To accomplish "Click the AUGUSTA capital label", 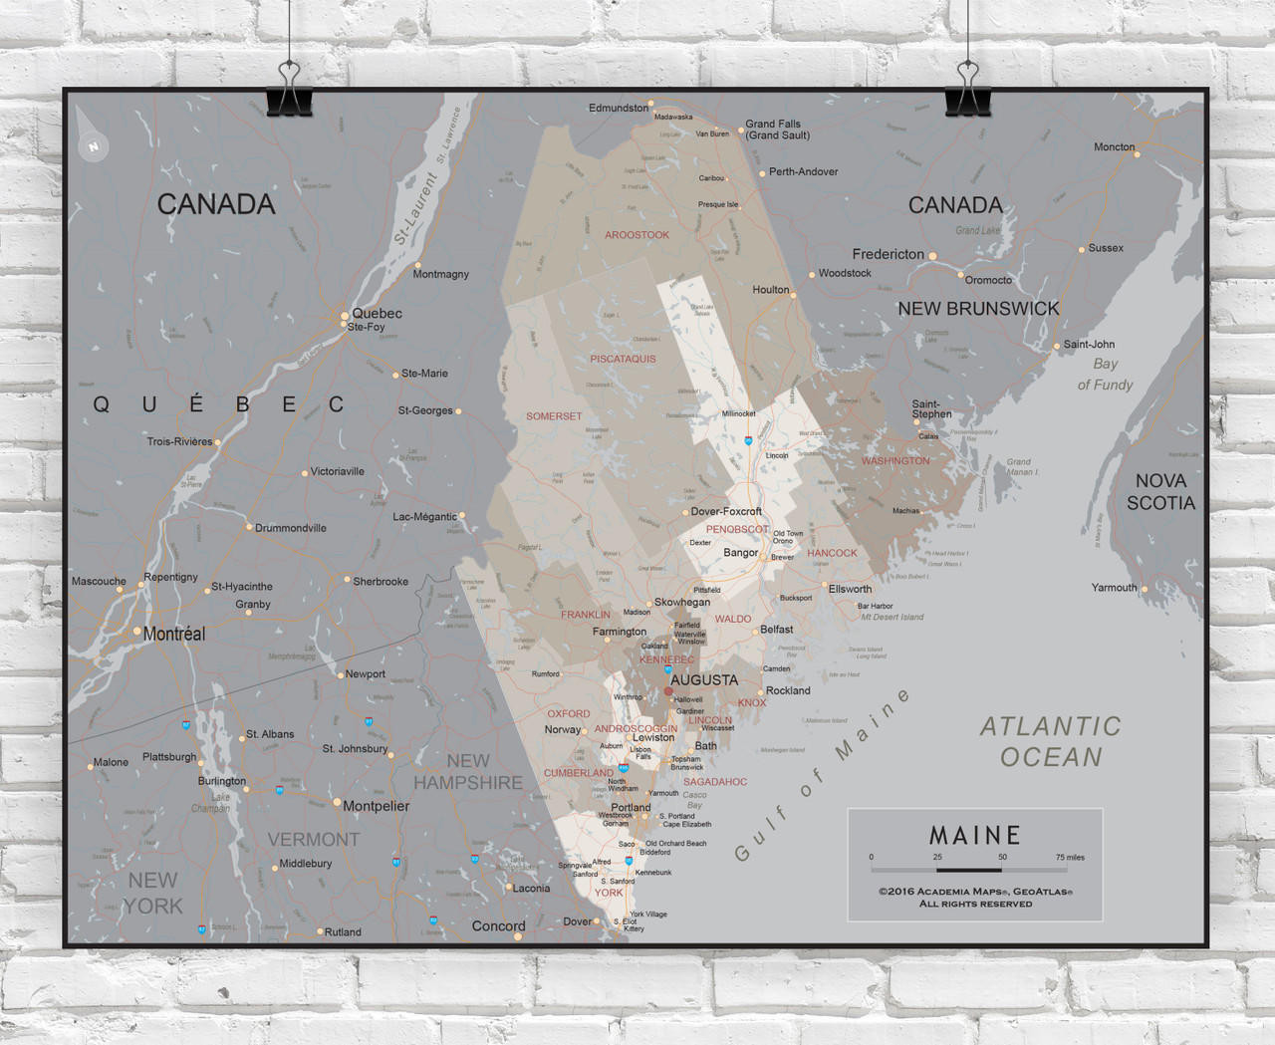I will (704, 680).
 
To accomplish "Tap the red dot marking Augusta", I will (668, 690).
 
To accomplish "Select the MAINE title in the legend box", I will (975, 835).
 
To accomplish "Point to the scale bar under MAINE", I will (968, 870).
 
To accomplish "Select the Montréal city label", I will (174, 634).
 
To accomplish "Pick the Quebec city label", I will (377, 313).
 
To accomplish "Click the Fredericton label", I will (888, 254).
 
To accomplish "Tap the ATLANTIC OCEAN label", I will (1051, 741).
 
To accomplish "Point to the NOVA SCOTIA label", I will (1160, 492).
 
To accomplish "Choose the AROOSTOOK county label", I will (637, 235).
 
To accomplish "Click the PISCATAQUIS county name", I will (623, 359).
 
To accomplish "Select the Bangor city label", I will (740, 553).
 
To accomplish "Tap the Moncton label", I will (1114, 147).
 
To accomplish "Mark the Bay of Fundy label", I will (1105, 375).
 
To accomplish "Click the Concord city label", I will (498, 925).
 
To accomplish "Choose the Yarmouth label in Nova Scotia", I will (1114, 588).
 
